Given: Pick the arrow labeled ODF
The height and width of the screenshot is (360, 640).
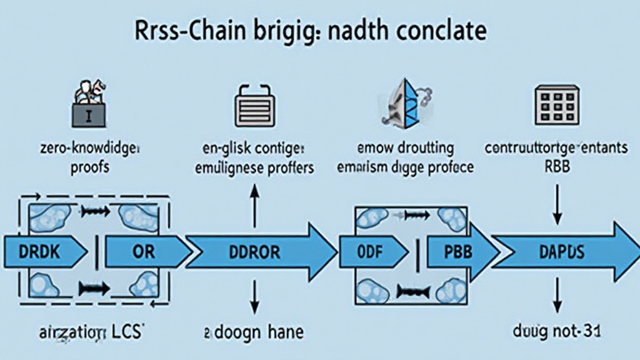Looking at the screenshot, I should tap(369, 252).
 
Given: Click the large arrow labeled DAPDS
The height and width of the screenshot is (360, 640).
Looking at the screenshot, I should tap(562, 252).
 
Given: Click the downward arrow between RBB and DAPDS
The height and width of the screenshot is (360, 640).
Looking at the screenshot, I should tap(556, 207).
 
